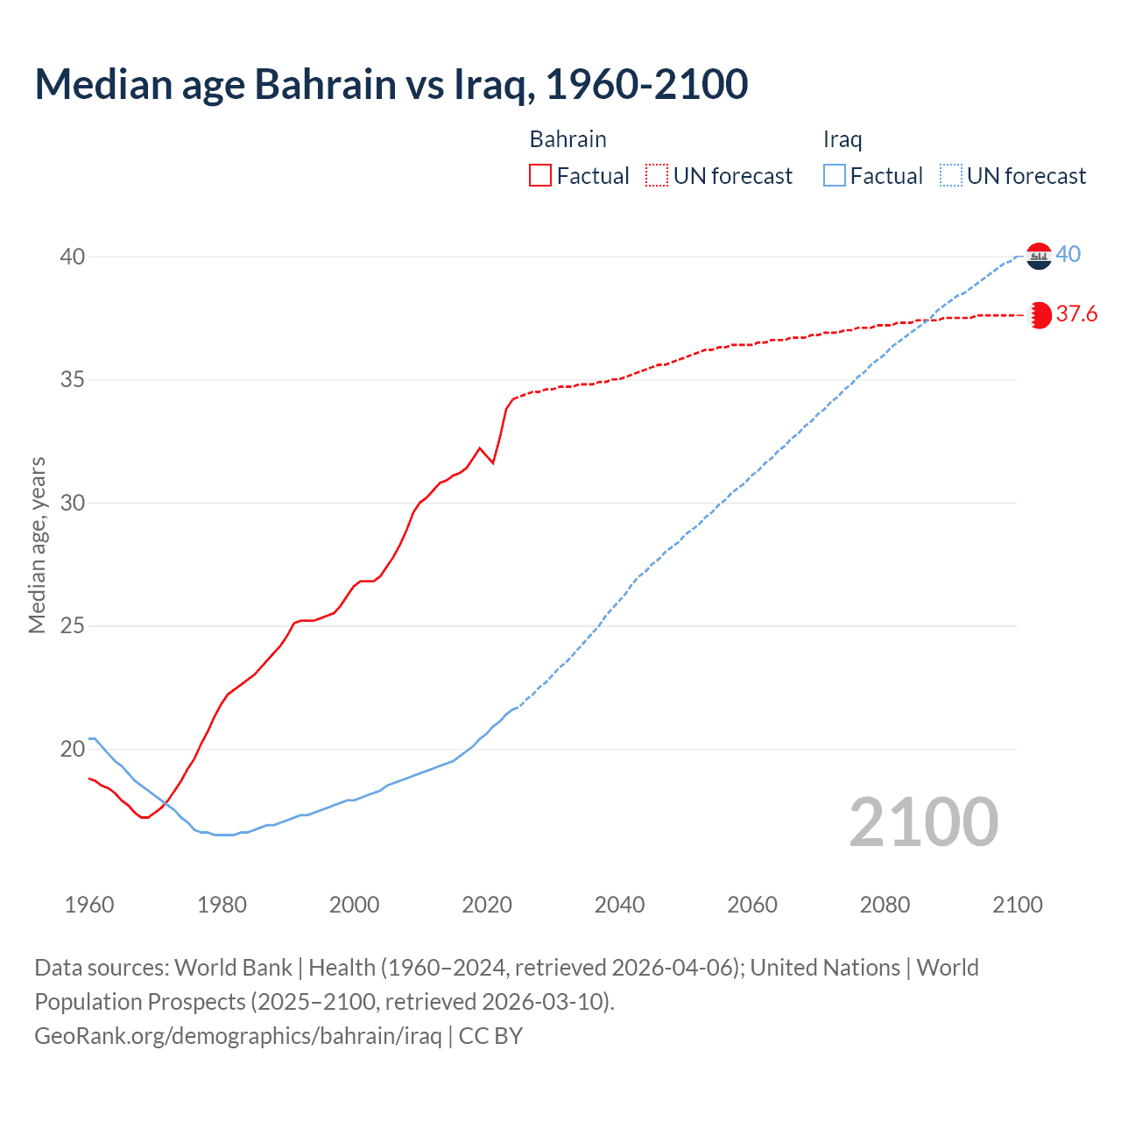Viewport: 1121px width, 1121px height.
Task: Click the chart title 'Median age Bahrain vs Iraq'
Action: (x=391, y=84)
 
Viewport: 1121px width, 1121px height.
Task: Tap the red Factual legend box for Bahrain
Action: (x=540, y=176)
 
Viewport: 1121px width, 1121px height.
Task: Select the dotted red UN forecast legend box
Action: (x=657, y=176)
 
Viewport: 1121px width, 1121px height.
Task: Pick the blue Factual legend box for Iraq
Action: (x=835, y=176)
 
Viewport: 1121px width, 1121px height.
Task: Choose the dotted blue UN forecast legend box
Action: (x=951, y=176)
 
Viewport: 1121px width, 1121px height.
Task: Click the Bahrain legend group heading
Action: (x=568, y=139)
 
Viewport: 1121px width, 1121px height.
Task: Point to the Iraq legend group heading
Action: (x=843, y=139)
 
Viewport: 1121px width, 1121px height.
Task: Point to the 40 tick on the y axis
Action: (x=72, y=257)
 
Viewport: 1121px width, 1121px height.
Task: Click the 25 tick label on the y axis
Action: (x=72, y=626)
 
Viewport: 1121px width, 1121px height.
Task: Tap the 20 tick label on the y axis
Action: (x=72, y=749)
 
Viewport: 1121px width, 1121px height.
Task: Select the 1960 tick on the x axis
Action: (x=89, y=905)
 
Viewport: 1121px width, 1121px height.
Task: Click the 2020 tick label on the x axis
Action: (x=487, y=905)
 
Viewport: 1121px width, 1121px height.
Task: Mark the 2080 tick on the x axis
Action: (x=885, y=905)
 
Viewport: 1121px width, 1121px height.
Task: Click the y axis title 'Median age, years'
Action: (x=37, y=545)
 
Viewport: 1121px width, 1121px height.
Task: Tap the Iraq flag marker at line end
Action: (x=1039, y=256)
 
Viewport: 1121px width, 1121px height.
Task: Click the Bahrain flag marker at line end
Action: (x=1039, y=315)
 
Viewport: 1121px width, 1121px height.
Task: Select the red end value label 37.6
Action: (x=1076, y=314)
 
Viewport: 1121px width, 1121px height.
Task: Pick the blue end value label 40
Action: (x=1068, y=255)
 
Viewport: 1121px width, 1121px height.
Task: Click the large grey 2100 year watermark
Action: (x=923, y=821)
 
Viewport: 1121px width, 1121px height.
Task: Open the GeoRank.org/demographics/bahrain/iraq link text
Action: (x=238, y=1036)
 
